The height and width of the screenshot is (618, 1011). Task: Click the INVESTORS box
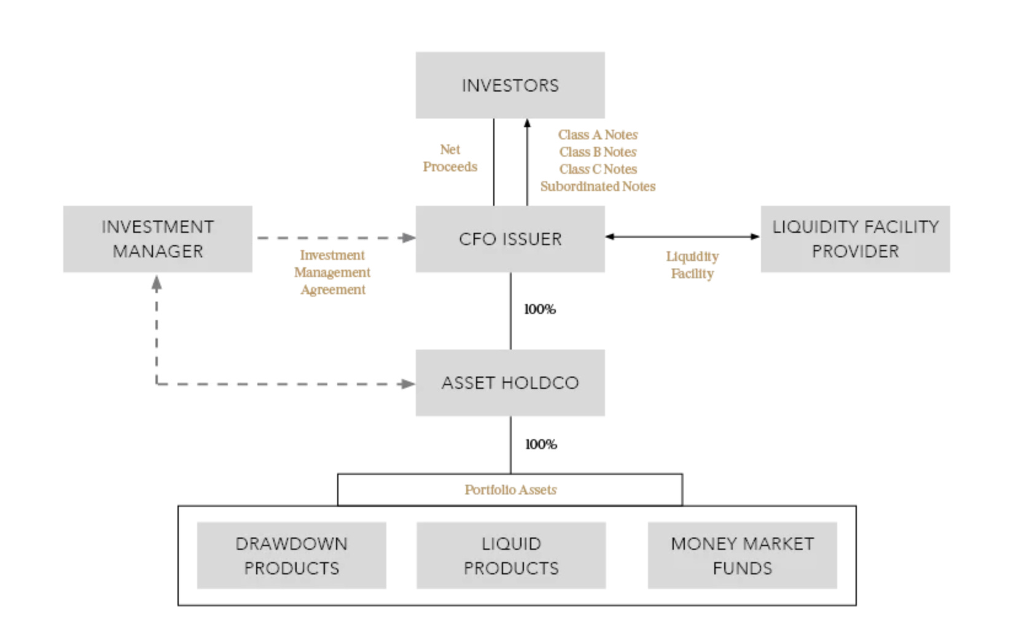click(x=510, y=85)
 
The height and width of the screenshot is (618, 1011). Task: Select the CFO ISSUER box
click(x=510, y=238)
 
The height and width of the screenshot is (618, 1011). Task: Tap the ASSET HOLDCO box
click(x=510, y=383)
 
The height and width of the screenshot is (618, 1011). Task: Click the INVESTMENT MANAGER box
click(x=157, y=238)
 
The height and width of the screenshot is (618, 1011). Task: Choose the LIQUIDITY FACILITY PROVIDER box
click(x=855, y=238)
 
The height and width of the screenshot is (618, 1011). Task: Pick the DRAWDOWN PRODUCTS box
click(x=291, y=555)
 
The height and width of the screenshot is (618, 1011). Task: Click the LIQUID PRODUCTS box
click(x=511, y=555)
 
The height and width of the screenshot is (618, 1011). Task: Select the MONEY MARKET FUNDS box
click(x=742, y=555)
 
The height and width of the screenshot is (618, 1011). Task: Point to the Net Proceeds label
click(x=450, y=158)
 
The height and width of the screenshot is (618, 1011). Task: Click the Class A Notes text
click(x=598, y=135)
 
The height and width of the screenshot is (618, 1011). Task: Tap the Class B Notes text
click(x=598, y=152)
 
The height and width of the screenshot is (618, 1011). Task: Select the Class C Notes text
click(x=598, y=169)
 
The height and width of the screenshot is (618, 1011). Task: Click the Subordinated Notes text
click(x=598, y=186)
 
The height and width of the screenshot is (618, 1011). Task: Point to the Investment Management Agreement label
click(x=332, y=272)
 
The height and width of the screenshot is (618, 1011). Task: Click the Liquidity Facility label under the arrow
click(x=692, y=265)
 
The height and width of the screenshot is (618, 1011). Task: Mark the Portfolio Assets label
click(x=510, y=490)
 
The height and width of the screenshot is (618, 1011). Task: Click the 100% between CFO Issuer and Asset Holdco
click(x=539, y=309)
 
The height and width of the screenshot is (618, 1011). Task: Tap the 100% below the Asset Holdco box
click(x=541, y=444)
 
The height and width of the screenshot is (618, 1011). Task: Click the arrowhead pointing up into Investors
click(x=527, y=123)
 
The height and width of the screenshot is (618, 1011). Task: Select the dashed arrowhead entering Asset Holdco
click(x=407, y=384)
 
